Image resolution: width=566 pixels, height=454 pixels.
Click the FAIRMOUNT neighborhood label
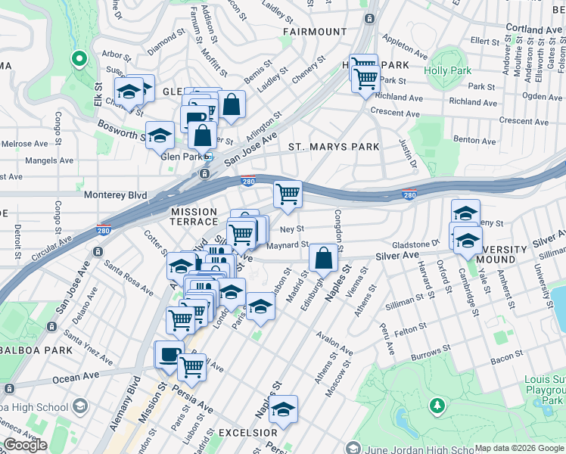pyautogui.click(x=315, y=32)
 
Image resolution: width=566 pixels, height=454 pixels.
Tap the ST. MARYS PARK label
pyautogui.click(x=333, y=146)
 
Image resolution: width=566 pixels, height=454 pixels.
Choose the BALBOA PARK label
pyautogui.click(x=36, y=350)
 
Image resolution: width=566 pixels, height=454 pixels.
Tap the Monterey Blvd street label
pyautogui.click(x=115, y=194)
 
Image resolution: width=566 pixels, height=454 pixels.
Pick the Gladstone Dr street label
pyautogui.click(x=415, y=244)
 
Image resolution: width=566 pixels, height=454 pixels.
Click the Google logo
pyautogui.click(x=25, y=445)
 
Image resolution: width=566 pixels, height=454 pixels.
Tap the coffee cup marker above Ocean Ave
pyautogui.click(x=168, y=354)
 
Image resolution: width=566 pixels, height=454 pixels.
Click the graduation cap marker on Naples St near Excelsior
pyautogui.click(x=284, y=409)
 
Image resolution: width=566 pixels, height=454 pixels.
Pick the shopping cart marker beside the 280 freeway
pyautogui.click(x=288, y=194)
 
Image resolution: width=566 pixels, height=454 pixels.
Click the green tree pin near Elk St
pyautogui.click(x=78, y=58)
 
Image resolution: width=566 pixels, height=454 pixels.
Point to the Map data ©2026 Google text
pyautogui.click(x=519, y=448)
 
